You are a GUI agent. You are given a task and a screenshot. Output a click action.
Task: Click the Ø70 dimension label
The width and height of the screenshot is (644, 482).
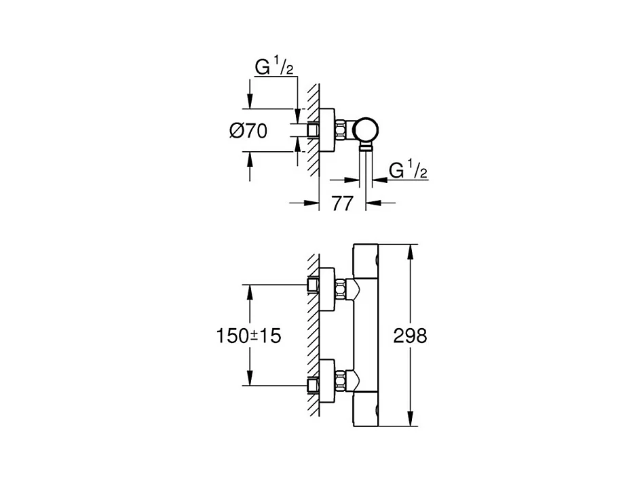pos(248,131)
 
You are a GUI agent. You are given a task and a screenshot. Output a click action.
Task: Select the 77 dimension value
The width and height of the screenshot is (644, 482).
pos(342,203)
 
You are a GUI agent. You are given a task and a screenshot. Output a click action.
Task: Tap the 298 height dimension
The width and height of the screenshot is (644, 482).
pos(410,336)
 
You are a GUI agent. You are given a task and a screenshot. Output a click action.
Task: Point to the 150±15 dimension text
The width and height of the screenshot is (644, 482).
pos(248,336)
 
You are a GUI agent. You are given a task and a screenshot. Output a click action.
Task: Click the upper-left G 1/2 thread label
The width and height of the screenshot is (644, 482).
pos(274,66)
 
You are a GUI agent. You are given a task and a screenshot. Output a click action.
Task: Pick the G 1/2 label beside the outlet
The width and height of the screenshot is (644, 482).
pos(409,170)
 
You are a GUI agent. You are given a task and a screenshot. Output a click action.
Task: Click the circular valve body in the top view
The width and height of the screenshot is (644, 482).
pos(366,130)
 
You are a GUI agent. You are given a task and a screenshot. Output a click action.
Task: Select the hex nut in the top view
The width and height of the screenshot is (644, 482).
pos(341,130)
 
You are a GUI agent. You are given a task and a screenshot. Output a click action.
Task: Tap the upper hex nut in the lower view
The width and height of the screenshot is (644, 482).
pos(340,289)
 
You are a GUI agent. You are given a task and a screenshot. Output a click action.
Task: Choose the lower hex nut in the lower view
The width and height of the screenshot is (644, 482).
pos(340,380)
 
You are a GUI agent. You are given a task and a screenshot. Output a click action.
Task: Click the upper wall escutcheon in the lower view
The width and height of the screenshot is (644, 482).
pos(327,289)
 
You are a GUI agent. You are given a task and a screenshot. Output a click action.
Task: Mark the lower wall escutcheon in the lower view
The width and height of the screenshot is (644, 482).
pos(327,380)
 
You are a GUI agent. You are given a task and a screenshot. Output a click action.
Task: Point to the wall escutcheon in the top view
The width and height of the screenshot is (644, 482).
pos(327,130)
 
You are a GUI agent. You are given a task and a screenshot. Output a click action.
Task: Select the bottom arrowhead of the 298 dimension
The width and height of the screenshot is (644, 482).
pos(410,419)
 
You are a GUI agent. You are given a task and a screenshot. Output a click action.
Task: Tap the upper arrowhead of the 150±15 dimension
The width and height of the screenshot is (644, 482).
pos(249,292)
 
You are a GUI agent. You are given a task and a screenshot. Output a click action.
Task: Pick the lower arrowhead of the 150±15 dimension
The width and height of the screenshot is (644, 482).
pos(249,378)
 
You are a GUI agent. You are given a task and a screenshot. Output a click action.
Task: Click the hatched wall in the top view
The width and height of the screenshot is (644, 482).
pos(314,130)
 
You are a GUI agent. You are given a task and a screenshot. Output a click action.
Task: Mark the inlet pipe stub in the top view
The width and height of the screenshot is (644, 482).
pos(314,130)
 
